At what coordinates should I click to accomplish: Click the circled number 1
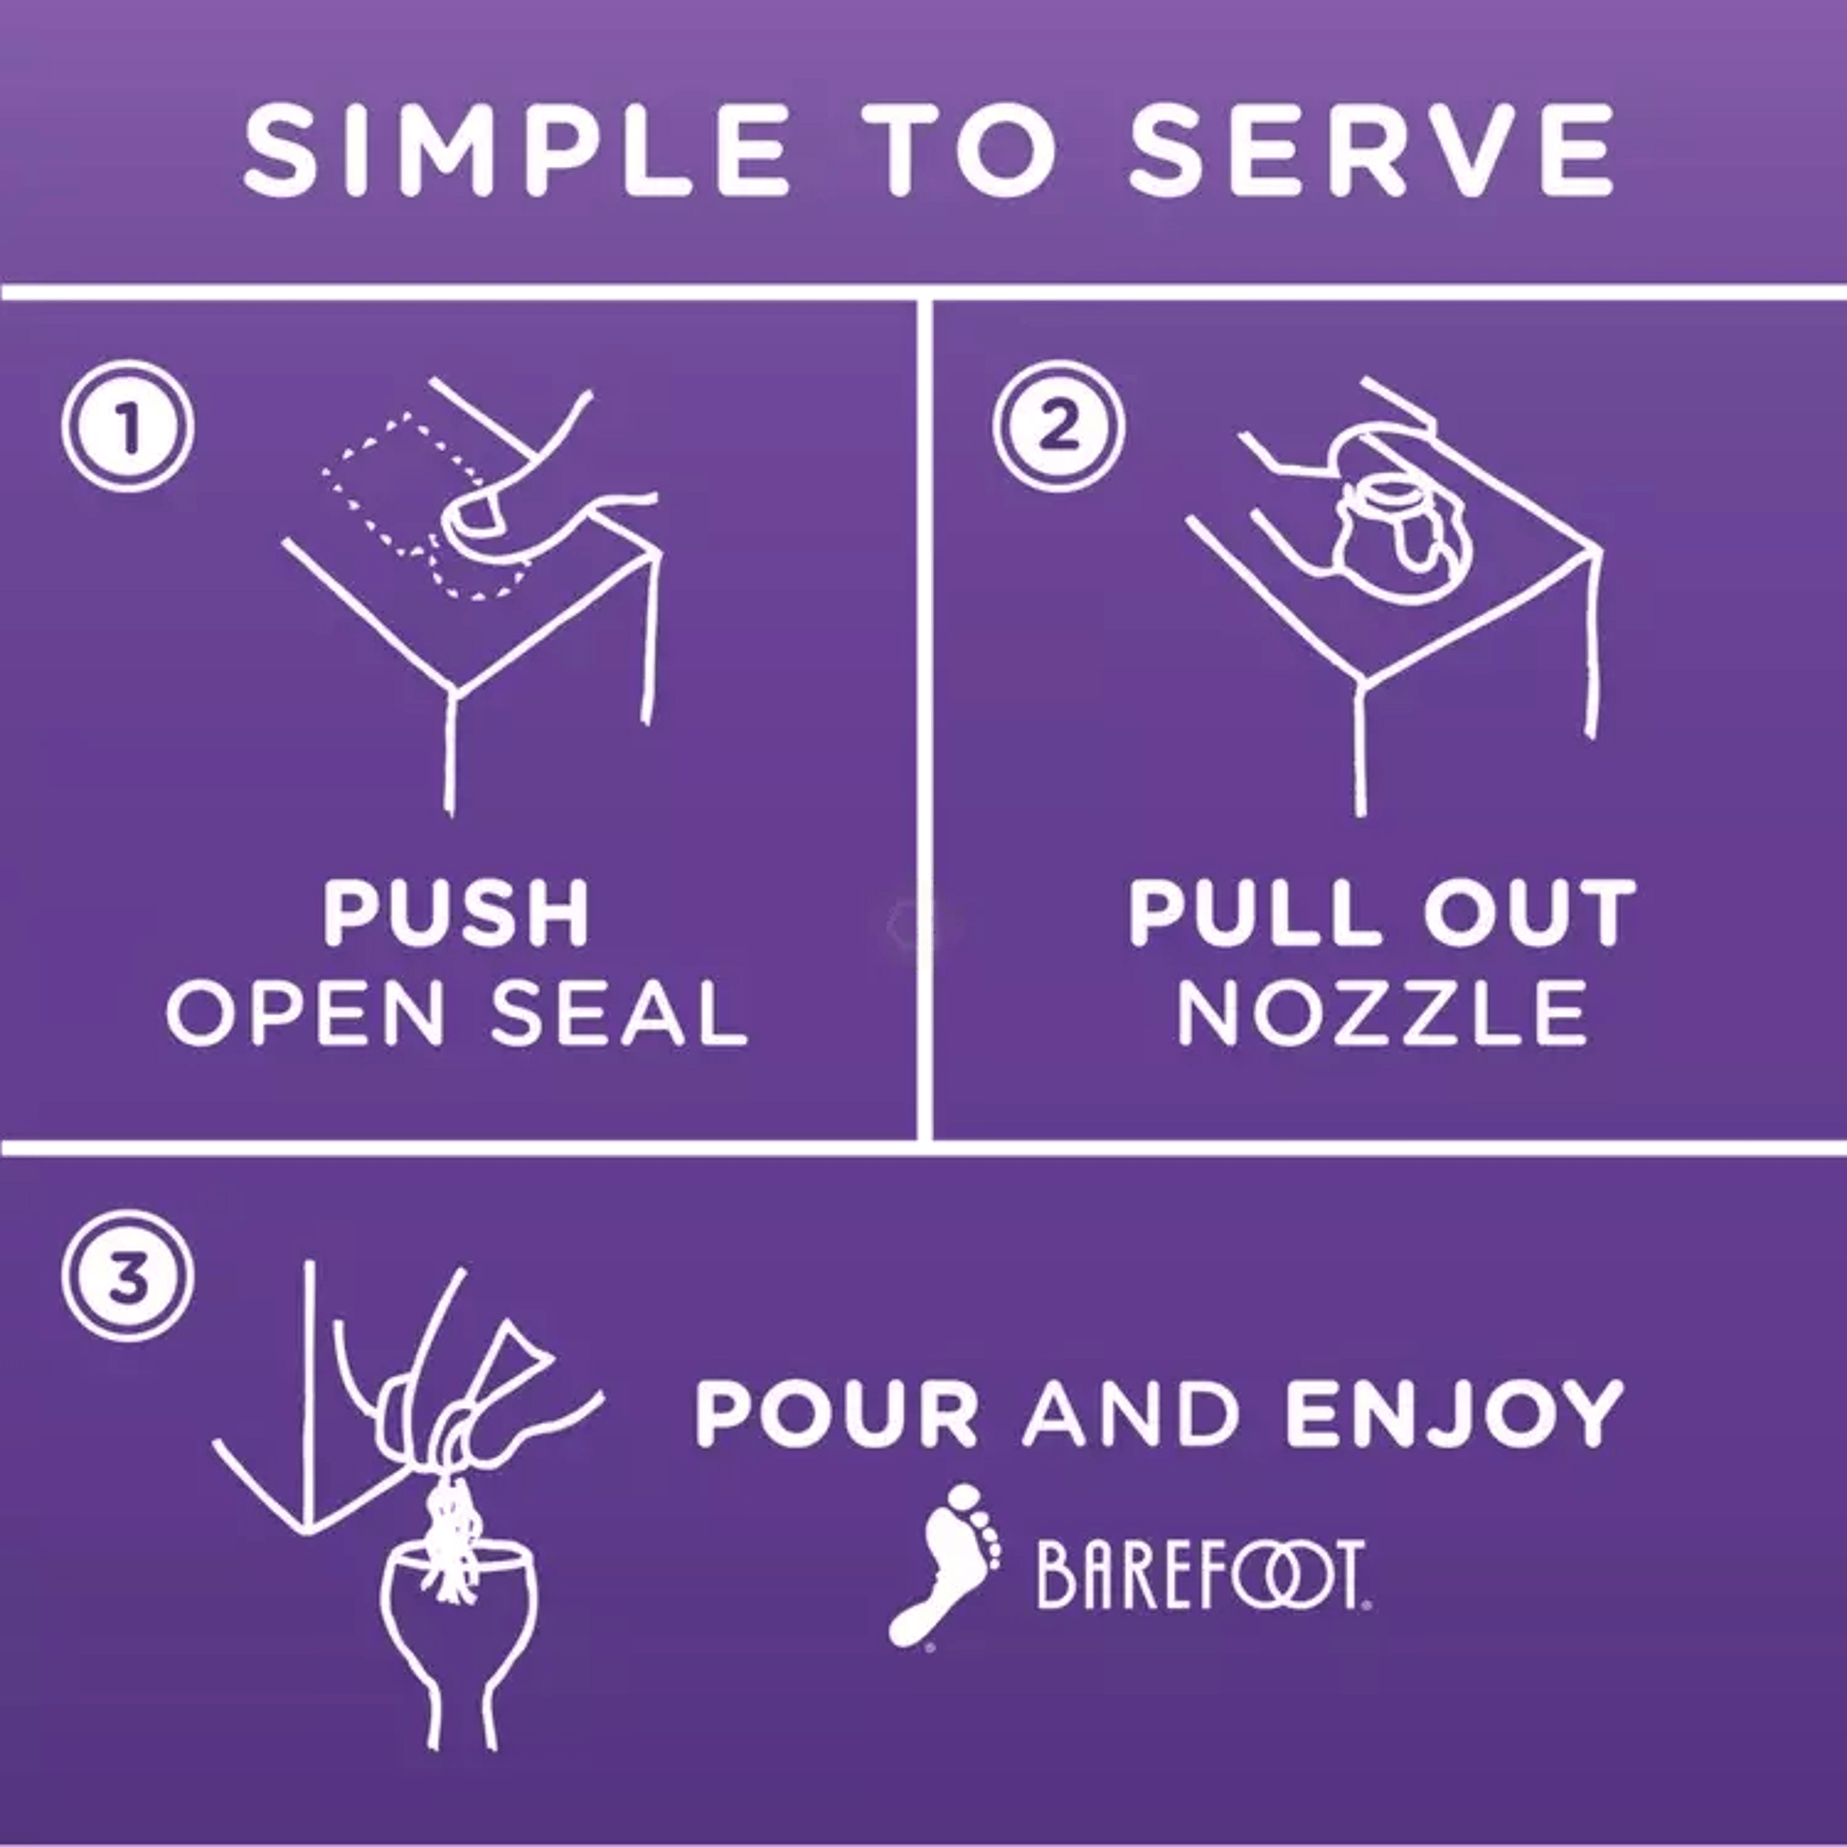point(128,427)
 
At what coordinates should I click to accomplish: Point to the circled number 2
point(1058,427)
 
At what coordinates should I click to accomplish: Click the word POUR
point(837,1413)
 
